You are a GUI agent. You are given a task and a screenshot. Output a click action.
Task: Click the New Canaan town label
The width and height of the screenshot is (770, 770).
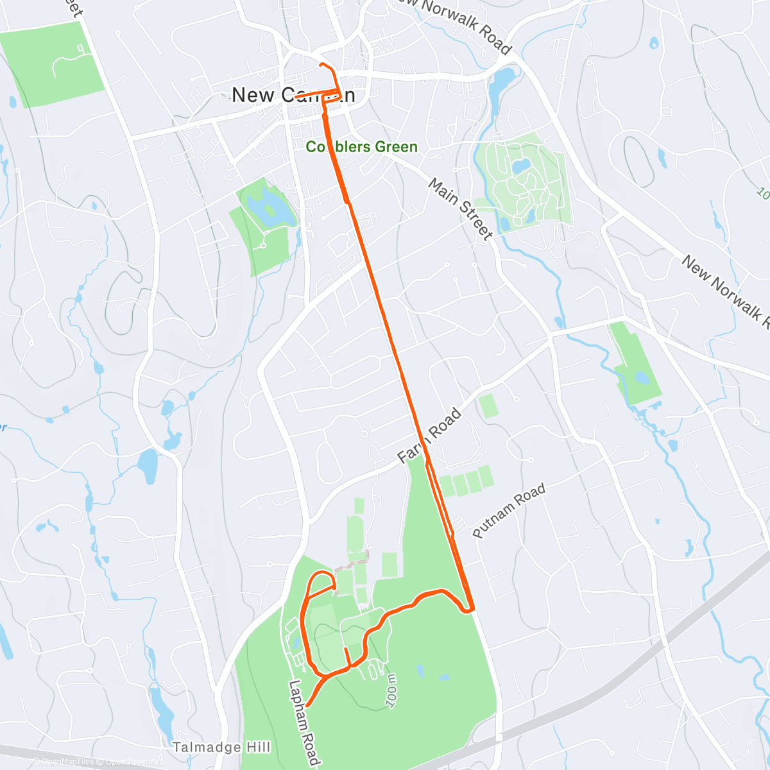(x=293, y=95)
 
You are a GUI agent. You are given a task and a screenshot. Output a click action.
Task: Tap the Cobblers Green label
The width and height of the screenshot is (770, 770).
(x=361, y=147)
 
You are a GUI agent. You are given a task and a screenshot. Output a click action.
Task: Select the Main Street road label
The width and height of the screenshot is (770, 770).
(x=460, y=209)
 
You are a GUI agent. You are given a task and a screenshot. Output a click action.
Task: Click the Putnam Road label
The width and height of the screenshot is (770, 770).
(x=509, y=511)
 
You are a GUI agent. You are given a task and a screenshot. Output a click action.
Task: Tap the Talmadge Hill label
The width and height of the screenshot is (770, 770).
(x=221, y=748)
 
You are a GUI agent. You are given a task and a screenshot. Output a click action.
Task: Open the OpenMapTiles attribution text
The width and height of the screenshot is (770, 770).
(x=67, y=762)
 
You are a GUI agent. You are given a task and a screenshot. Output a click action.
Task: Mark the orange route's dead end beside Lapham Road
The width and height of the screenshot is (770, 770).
(x=308, y=705)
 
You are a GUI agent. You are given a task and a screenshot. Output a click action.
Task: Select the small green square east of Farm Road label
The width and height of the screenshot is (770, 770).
(x=488, y=406)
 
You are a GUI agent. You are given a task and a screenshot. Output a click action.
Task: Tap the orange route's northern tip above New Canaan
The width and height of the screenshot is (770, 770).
(x=320, y=65)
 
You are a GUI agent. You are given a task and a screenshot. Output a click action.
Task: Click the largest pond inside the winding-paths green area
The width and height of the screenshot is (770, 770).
(x=520, y=166)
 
